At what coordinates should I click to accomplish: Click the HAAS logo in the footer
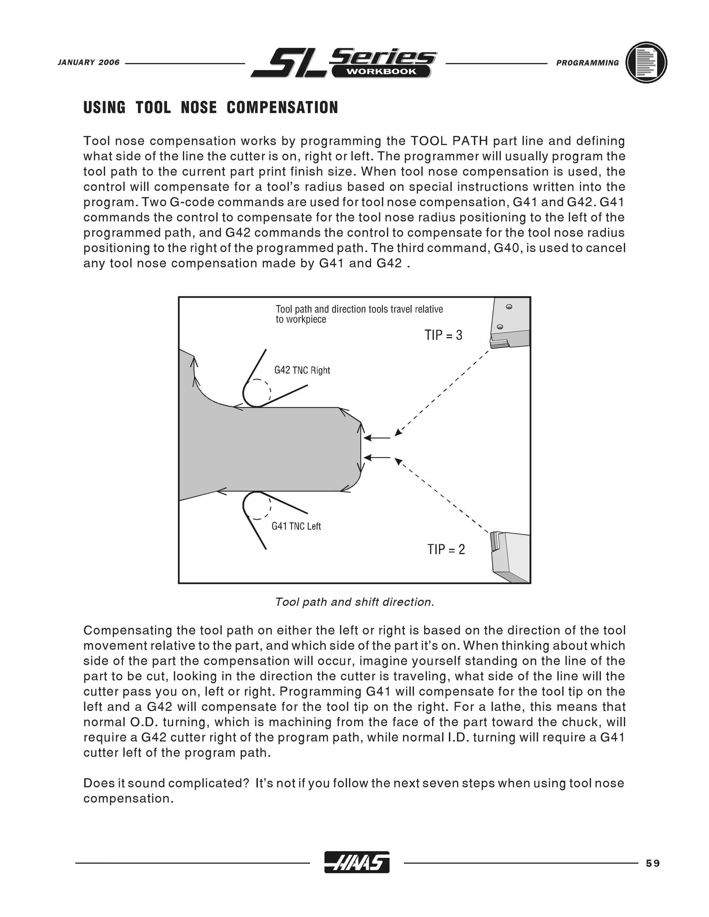coord(357,862)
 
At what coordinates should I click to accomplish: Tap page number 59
coord(653,863)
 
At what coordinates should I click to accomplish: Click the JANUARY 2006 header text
coord(89,63)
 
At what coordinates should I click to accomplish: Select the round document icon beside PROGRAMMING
coord(646,63)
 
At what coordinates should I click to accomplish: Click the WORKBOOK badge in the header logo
coord(381,71)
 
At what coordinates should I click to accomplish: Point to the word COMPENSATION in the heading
coord(282,108)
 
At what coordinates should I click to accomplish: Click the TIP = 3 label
coord(443,335)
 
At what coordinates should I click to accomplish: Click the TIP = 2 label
coord(446,549)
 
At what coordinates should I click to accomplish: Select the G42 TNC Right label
coord(302,370)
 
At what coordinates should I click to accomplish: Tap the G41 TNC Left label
coord(296,526)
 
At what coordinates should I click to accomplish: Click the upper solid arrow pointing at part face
coord(377,438)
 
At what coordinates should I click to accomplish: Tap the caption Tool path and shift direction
coord(354,602)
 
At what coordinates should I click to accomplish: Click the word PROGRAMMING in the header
coord(587,63)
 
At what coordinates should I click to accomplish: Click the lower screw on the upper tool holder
coord(500,327)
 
